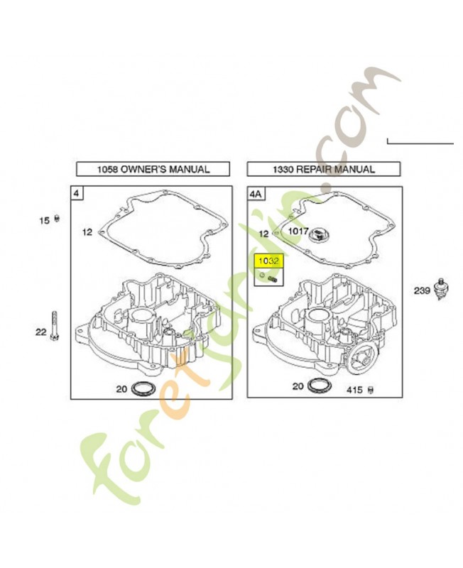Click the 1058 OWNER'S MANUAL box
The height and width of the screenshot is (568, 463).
pos(153,169)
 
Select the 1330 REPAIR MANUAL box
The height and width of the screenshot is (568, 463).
pos(324,169)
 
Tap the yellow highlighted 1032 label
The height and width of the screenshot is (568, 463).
pos(268,261)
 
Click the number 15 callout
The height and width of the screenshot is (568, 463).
pos(44,220)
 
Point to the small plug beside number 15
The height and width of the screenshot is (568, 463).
pos(57,219)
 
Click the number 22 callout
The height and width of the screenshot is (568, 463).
pos(41,332)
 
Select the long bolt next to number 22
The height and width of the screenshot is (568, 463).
pos(55,326)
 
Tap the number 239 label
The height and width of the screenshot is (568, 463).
pos(422,290)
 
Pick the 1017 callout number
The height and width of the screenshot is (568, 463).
pos(298,231)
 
